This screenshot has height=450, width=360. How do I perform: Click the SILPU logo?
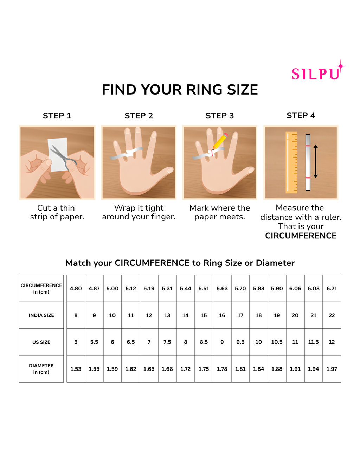[317, 71]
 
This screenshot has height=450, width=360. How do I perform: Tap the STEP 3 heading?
[220, 116]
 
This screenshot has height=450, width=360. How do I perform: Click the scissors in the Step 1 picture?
[64, 157]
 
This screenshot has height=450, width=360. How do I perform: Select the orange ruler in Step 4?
[291, 162]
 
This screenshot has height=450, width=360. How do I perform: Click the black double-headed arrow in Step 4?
[315, 161]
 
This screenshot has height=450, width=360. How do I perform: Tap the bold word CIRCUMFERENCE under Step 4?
[301, 236]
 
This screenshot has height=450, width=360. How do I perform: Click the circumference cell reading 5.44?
[186, 288]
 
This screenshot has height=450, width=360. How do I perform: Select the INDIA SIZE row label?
[41, 315]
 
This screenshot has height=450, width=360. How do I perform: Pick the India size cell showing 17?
[240, 315]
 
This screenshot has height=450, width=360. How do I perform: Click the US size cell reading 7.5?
[167, 342]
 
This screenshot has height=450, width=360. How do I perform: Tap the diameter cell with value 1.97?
[332, 369]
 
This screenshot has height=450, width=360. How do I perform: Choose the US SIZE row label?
[41, 342]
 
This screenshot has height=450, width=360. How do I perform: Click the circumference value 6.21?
[332, 288]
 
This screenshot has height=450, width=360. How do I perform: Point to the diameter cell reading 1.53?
[76, 369]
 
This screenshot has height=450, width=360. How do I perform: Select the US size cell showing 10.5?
[277, 342]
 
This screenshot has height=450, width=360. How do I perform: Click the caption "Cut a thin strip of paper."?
[57, 212]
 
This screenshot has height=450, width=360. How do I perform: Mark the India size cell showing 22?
[332, 315]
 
